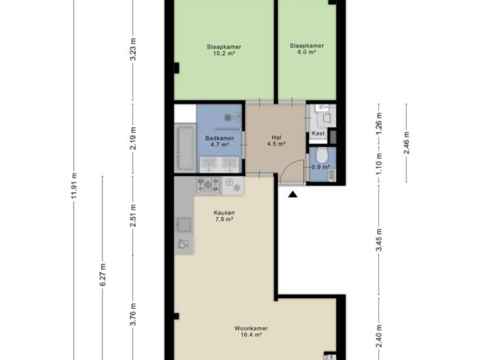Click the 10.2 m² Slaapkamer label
[x=224, y=50]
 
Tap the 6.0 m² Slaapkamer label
[x=307, y=48]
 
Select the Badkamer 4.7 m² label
[x=219, y=141]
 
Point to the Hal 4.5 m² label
[x=276, y=141]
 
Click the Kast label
[x=318, y=133]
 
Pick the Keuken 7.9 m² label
[x=224, y=215]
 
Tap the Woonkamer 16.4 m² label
[x=251, y=331]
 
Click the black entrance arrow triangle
[x=293, y=194]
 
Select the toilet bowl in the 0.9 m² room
[x=321, y=155]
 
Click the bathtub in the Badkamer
[x=185, y=148]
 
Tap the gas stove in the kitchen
[x=208, y=185]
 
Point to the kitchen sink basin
[x=184, y=224]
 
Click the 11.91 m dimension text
[x=74, y=186]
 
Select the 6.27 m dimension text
[x=103, y=275]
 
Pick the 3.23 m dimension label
[x=133, y=49]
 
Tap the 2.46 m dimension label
[x=407, y=143]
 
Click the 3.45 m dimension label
[x=379, y=240]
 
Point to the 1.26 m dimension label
[x=379, y=123]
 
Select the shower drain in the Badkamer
[x=228, y=118]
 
